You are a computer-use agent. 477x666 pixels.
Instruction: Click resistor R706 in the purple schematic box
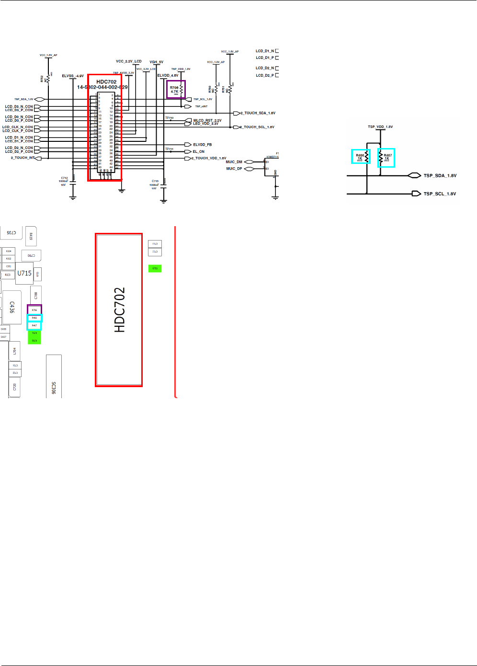coord(176,89)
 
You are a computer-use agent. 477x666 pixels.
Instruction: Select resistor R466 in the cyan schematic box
coord(361,156)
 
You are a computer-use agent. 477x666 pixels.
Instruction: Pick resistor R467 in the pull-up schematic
coord(386,157)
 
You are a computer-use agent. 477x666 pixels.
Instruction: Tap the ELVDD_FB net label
coord(202,145)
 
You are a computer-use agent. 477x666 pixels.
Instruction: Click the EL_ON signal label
coord(198,151)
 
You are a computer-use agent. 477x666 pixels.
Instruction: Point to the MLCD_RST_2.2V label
coord(207,120)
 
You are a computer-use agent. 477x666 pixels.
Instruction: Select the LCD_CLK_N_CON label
coord(18,127)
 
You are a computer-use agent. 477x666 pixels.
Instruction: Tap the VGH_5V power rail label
coord(156,62)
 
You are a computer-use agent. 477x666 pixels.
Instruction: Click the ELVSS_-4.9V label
coord(73,76)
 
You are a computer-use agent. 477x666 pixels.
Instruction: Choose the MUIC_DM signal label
coord(234,162)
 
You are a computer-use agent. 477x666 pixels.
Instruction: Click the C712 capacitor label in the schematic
coord(64,178)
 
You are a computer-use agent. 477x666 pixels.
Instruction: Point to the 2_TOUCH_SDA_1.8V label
coord(258,113)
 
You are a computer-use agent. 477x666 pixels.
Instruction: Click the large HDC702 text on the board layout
coord(119,310)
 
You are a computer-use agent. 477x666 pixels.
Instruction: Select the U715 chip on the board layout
coord(24,273)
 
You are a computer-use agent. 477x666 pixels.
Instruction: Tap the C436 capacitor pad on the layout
coord(12,307)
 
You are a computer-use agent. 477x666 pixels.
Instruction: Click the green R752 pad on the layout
coord(155,268)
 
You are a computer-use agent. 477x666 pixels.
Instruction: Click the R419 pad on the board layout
coord(31,236)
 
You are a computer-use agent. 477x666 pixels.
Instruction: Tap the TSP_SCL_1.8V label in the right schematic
coord(440,194)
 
